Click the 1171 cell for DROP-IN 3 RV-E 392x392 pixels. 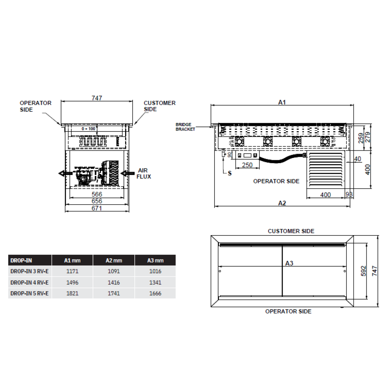click(x=73, y=271)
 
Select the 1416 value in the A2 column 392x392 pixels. click(x=114, y=282)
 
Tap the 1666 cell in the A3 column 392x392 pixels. click(x=155, y=294)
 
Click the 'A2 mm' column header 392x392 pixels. click(x=114, y=260)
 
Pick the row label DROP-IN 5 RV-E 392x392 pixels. click(x=29, y=294)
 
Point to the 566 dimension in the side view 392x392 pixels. click(x=97, y=194)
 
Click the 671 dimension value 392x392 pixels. click(x=97, y=208)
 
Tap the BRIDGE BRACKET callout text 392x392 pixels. click(x=185, y=127)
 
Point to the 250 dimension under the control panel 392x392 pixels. click(x=247, y=165)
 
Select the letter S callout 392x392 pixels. click(x=229, y=172)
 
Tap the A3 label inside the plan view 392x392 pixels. click(x=289, y=263)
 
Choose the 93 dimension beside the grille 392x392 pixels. click(x=349, y=195)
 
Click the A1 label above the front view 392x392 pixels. click(x=282, y=102)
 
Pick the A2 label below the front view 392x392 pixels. click(x=282, y=203)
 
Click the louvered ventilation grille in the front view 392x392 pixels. click(x=325, y=170)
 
